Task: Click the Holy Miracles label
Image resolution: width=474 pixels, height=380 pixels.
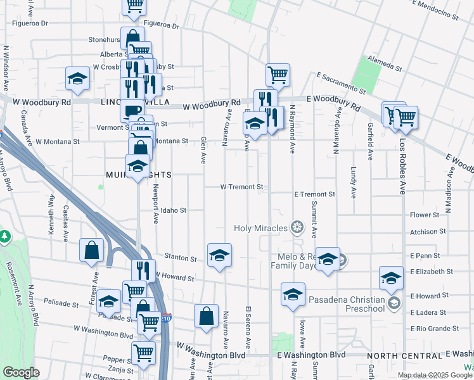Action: point(262,228)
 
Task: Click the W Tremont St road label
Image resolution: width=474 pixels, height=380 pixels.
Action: point(241,187)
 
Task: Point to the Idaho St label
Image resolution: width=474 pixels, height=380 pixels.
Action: point(173,210)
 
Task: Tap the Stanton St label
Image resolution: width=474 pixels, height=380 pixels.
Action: point(180,258)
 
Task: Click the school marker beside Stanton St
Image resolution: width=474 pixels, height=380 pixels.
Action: point(220,255)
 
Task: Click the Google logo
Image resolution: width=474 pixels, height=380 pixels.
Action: point(21,372)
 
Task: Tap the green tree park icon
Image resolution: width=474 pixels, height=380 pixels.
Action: point(5,236)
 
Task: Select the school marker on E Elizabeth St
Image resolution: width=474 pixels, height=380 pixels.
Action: point(391,277)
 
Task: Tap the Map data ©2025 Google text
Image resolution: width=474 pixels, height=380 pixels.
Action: point(433,375)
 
